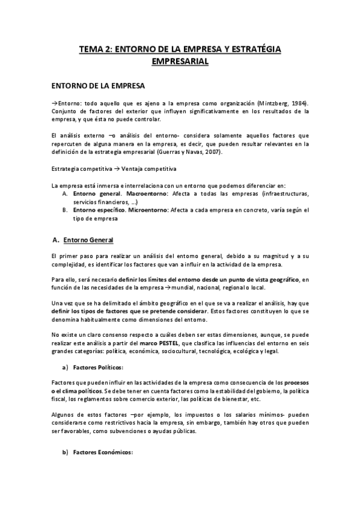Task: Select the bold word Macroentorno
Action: pyautogui.click(x=138, y=194)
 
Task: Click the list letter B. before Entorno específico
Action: pyautogui.click(x=64, y=210)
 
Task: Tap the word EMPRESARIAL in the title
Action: pyautogui.click(x=180, y=61)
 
